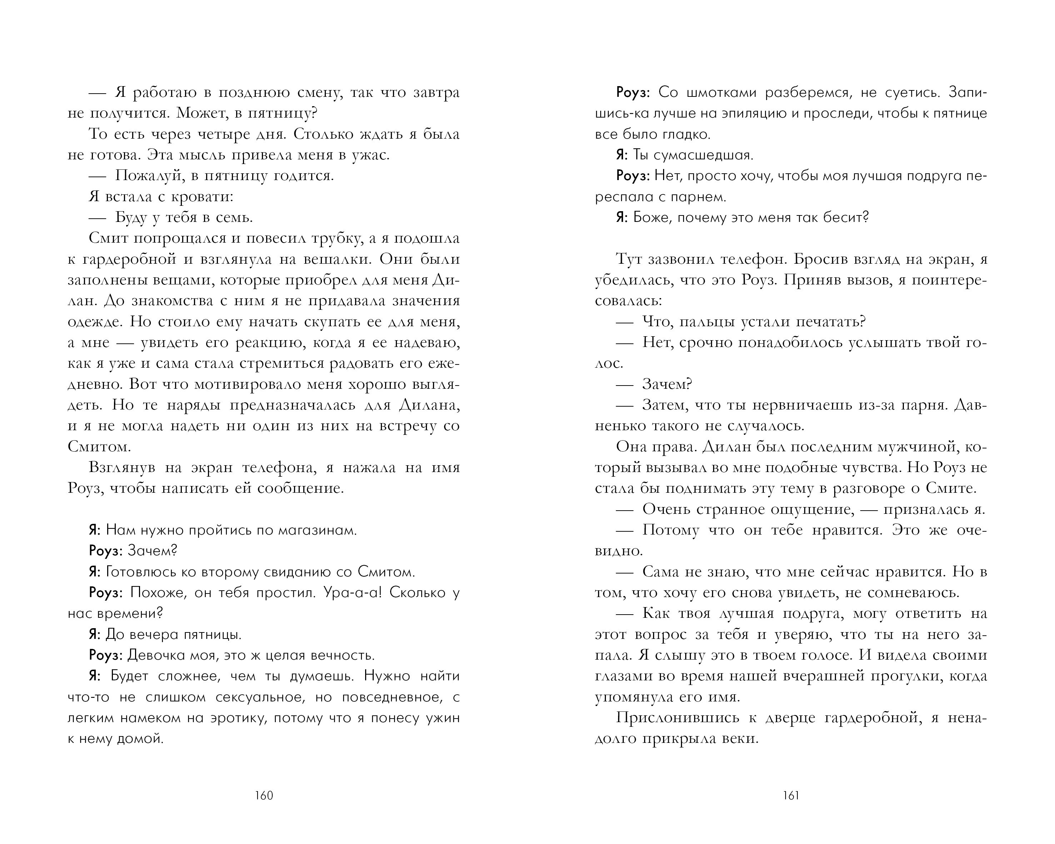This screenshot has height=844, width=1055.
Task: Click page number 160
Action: click(x=264, y=795)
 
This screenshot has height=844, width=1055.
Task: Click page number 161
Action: click(x=791, y=795)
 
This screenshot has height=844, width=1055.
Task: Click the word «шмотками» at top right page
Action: click(x=721, y=93)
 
